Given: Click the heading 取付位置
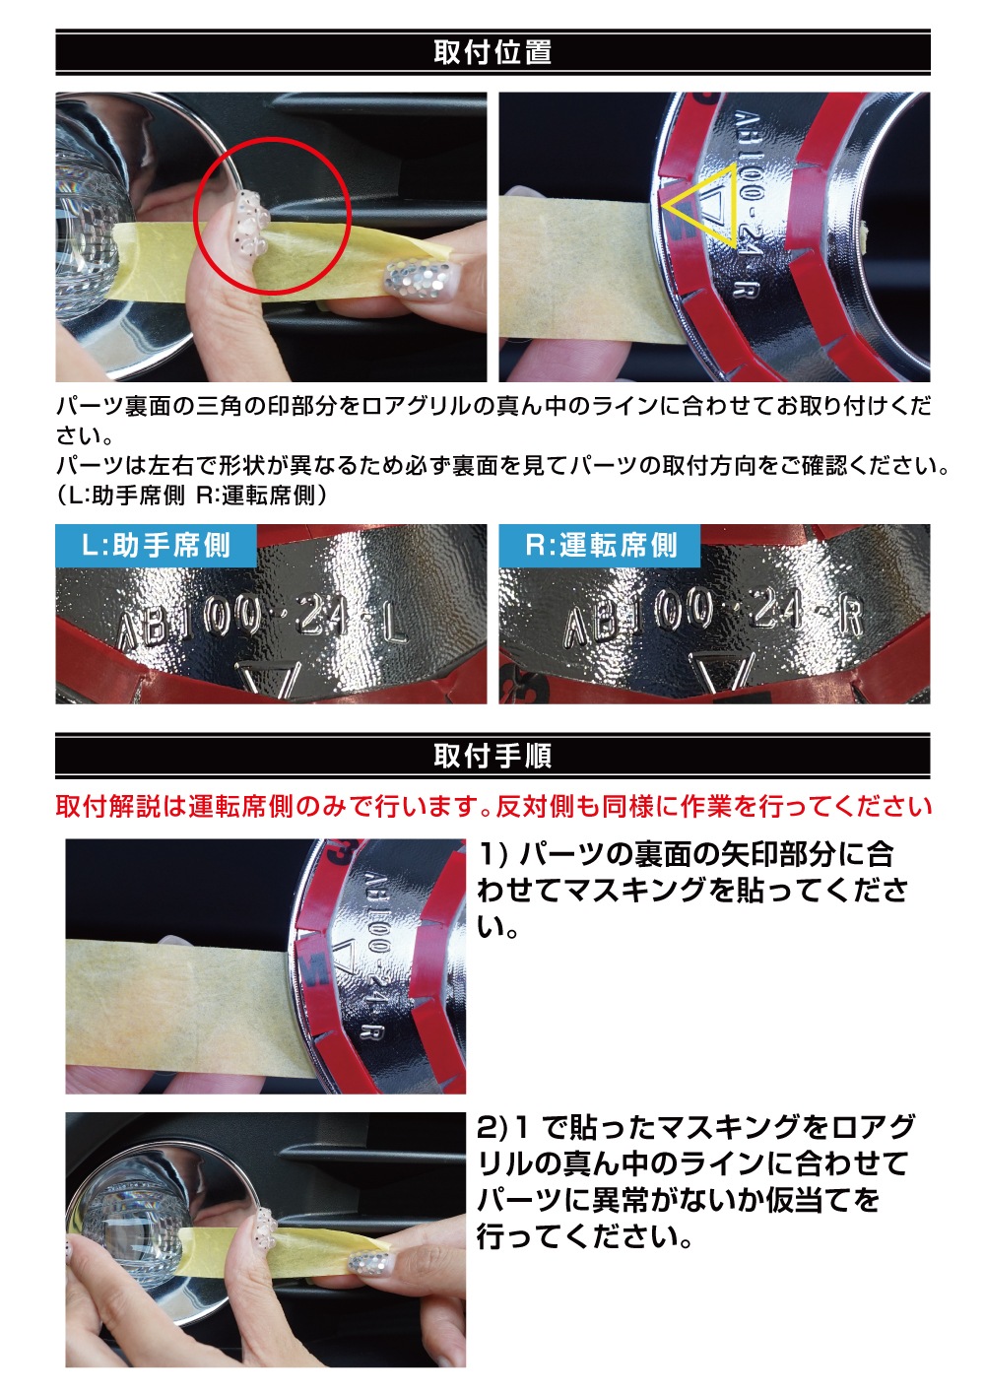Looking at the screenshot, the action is (x=492, y=52).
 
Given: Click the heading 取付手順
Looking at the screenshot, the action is (x=492, y=756).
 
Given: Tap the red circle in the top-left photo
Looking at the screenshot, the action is (x=273, y=138).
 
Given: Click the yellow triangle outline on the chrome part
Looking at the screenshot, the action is (x=737, y=205).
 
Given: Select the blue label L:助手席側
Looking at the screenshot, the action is (x=156, y=545).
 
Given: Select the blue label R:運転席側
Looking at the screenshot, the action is (x=600, y=545).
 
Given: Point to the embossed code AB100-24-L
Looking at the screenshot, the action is (x=261, y=622).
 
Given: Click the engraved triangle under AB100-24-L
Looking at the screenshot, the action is (x=268, y=679).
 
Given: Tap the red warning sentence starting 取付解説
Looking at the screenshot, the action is (x=492, y=807).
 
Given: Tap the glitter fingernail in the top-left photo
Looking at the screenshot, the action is (x=419, y=276).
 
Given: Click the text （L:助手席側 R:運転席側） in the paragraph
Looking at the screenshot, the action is (x=192, y=496).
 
